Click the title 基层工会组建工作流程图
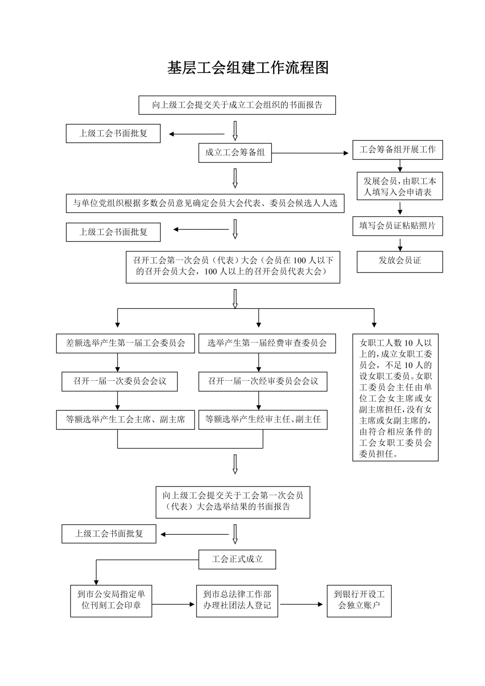pyautogui.click(x=248, y=68)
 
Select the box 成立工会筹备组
pyautogui.click(x=235, y=153)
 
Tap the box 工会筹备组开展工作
pyautogui.click(x=397, y=150)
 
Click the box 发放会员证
pyautogui.click(x=400, y=261)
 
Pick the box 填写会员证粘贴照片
pyautogui.click(x=397, y=226)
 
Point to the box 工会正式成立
pyautogui.click(x=237, y=559)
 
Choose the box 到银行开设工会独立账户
pyautogui.click(x=359, y=600)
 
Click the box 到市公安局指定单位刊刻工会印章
pyautogui.click(x=111, y=600)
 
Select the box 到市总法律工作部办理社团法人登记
pyautogui.click(x=237, y=600)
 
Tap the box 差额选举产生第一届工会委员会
pyautogui.click(x=125, y=343)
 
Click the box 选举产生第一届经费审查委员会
pyautogui.click(x=267, y=343)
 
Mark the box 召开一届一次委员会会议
pyautogui.click(x=119, y=382)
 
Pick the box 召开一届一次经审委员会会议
pyautogui.click(x=263, y=382)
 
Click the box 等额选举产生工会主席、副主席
pyautogui.click(x=125, y=420)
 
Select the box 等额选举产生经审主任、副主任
pyautogui.click(x=263, y=420)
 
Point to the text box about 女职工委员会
pyautogui.click(x=395, y=397)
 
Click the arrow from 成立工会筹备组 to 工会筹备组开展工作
pyautogui.click(x=310, y=153)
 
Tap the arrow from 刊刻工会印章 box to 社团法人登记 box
pyautogui.click(x=174, y=604)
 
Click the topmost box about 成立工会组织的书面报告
pyautogui.click(x=237, y=106)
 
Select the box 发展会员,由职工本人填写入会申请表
pyautogui.click(x=400, y=186)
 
